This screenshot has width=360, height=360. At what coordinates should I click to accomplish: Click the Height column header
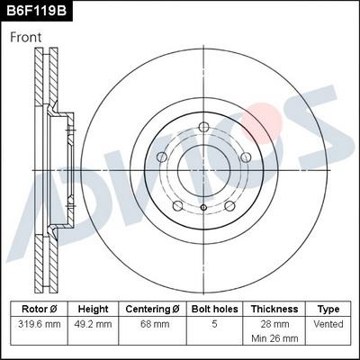tap(93, 308)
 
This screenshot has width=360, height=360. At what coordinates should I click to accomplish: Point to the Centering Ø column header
tap(153, 308)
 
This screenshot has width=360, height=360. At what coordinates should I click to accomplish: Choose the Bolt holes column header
tap(214, 308)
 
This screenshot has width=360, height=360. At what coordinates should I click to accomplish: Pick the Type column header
tap(328, 308)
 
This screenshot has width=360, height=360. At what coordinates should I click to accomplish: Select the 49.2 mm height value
tap(93, 323)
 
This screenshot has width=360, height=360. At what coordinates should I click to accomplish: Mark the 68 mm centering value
tap(153, 323)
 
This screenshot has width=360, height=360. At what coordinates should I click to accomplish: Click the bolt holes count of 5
tap(214, 323)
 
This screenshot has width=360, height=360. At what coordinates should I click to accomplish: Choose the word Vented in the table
tap(328, 323)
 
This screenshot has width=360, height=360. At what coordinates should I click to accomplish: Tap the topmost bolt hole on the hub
tap(202, 125)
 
